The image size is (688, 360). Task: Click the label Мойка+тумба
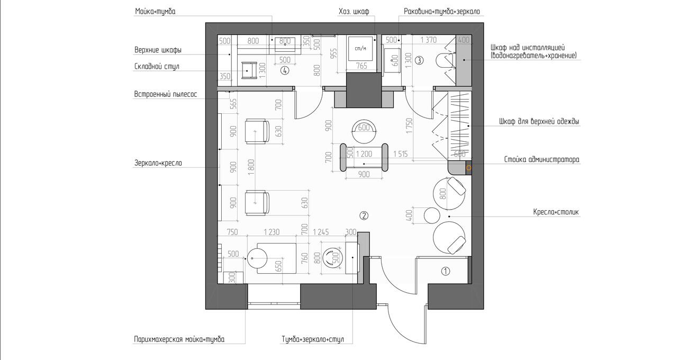(x=155, y=12)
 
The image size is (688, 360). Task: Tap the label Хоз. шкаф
(x=354, y=12)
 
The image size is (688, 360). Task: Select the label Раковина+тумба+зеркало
(x=442, y=12)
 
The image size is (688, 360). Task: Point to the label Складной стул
(x=157, y=67)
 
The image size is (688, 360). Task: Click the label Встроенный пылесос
(x=165, y=94)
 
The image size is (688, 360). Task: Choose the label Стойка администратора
(x=542, y=160)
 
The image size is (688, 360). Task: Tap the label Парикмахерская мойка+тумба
(x=179, y=339)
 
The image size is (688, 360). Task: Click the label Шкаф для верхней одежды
(x=539, y=122)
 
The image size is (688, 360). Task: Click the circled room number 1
(x=446, y=271)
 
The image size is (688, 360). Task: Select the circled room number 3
(x=419, y=60)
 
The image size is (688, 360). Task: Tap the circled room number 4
(x=285, y=70)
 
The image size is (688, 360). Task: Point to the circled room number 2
(x=364, y=216)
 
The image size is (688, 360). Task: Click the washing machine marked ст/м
(x=361, y=49)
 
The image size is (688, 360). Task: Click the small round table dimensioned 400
(x=432, y=215)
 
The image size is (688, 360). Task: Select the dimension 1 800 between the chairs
(x=251, y=167)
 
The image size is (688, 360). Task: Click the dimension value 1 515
(x=401, y=154)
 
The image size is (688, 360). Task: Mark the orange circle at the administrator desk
(x=469, y=168)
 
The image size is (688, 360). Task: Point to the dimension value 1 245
(x=321, y=232)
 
